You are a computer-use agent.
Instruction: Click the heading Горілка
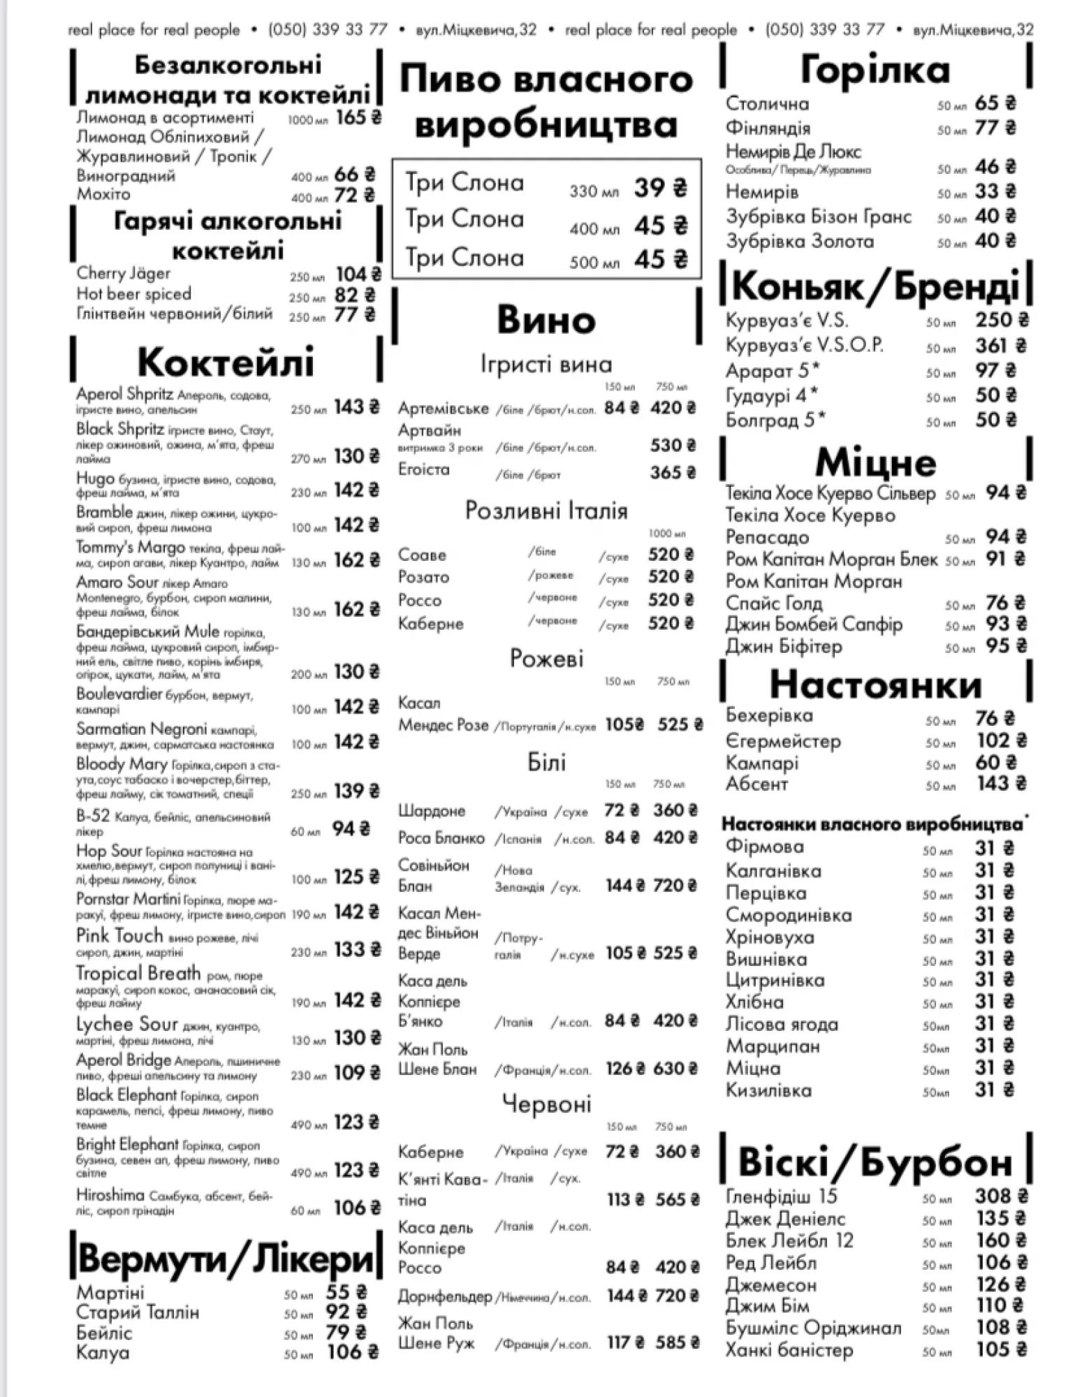pos(875,70)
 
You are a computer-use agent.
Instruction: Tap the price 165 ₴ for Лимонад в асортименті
pos(358,117)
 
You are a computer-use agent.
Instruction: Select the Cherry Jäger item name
pos(123,273)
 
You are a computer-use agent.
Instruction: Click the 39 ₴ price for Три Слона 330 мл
pos(660,188)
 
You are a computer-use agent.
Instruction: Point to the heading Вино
pos(546,320)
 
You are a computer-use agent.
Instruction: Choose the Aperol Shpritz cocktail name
pos(124,394)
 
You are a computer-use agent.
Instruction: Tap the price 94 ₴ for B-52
pos(351,829)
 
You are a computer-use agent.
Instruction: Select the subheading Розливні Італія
pos(546,511)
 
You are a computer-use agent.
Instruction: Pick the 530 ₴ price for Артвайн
pos(673,446)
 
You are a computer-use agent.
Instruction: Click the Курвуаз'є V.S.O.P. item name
pos(804,345)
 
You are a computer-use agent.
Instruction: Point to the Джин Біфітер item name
pos(783,647)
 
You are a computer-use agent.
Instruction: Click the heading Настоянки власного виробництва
pos(872,824)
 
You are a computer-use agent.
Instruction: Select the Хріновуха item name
pos(770,937)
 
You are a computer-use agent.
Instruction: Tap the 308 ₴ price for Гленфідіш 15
pos(1001,1197)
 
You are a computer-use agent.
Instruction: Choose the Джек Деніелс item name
pos(785,1219)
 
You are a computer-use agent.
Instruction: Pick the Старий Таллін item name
pos(138,1312)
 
